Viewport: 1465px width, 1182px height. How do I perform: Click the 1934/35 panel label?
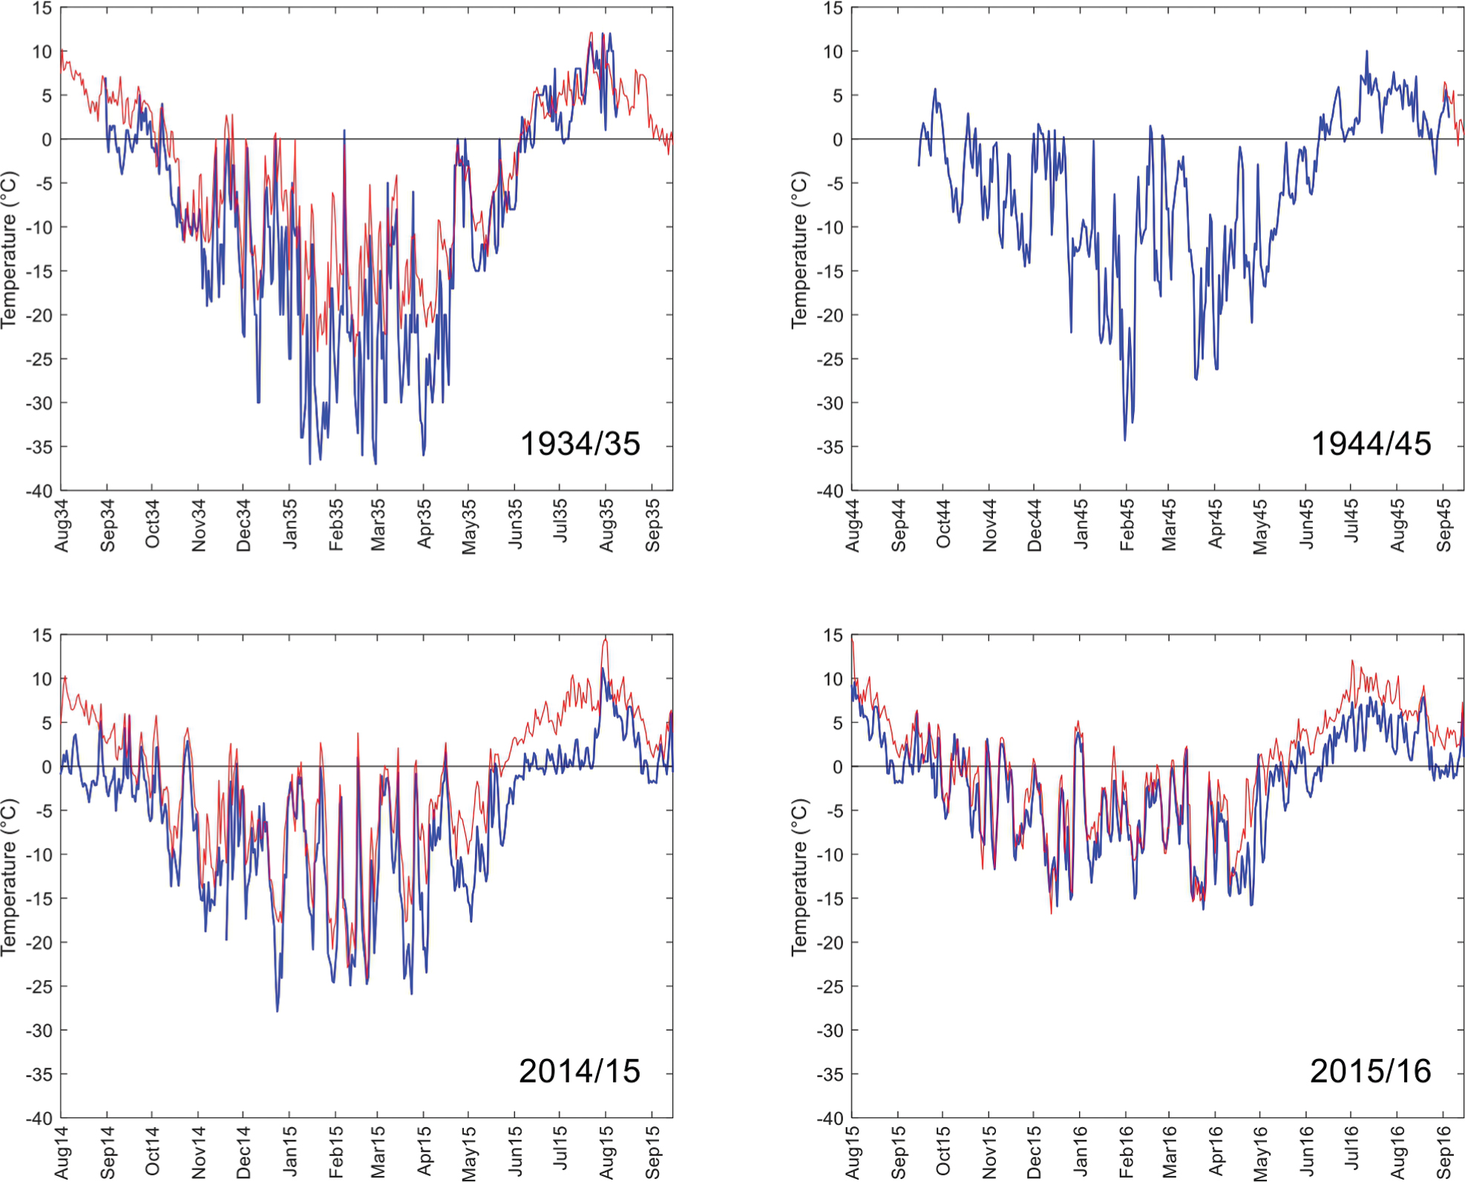(580, 444)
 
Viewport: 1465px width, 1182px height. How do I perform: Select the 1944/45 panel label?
(1371, 444)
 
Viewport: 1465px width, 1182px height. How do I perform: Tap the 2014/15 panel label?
(580, 1071)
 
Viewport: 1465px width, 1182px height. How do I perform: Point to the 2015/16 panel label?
(1371, 1071)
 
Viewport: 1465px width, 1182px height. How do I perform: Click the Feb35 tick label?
(336, 525)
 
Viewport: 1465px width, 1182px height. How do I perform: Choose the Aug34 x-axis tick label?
(62, 525)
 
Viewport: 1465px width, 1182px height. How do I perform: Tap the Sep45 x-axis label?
(1443, 525)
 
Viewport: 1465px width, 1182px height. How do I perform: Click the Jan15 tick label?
(289, 1152)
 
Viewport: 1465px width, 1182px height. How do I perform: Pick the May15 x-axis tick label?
(469, 1153)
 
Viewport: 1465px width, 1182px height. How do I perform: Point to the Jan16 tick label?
(1081, 1152)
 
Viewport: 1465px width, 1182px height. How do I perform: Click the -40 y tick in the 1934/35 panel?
(41, 491)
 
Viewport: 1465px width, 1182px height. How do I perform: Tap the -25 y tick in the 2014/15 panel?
(41, 987)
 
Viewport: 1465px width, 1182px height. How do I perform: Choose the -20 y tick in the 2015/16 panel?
(832, 943)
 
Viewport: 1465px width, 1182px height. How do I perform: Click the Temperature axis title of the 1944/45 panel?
(799, 249)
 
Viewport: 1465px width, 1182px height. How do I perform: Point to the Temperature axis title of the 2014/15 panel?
(8, 876)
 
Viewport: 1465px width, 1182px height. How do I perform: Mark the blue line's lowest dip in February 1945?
(1125, 439)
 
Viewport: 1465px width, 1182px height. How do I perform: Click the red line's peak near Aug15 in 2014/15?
(606, 639)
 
